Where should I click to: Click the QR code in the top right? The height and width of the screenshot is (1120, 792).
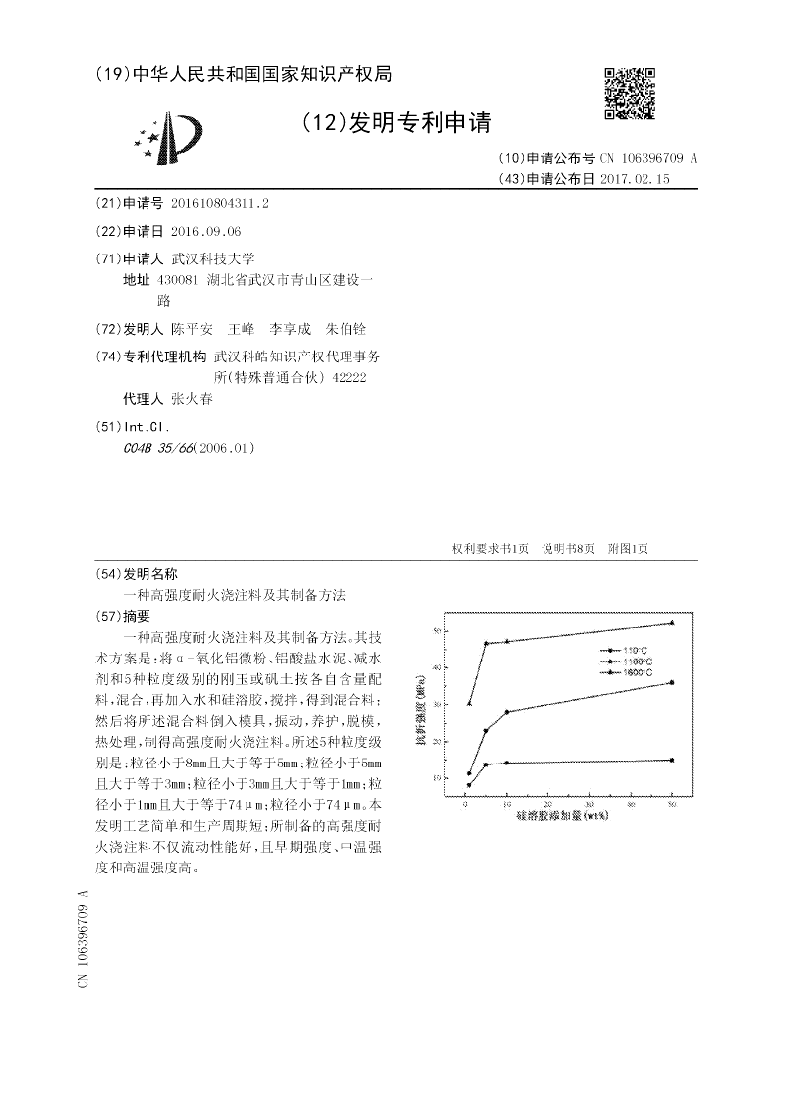pyautogui.click(x=630, y=93)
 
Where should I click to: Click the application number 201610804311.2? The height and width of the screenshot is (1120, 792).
pyautogui.click(x=220, y=203)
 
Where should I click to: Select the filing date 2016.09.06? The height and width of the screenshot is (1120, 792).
pyautogui.click(x=206, y=231)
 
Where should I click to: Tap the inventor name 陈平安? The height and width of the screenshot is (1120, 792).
pyautogui.click(x=192, y=329)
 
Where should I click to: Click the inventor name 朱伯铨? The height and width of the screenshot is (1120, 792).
pyautogui.click(x=346, y=329)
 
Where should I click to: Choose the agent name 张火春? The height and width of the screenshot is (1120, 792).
pyautogui.click(x=191, y=399)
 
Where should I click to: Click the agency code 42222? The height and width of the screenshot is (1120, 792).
pyautogui.click(x=352, y=377)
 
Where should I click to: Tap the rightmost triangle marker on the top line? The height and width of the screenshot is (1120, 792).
pyautogui.click(x=672, y=623)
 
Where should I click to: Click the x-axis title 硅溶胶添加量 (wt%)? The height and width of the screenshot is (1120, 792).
pyautogui.click(x=561, y=818)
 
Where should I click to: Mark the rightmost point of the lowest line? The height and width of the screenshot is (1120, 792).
pyautogui.click(x=672, y=760)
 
